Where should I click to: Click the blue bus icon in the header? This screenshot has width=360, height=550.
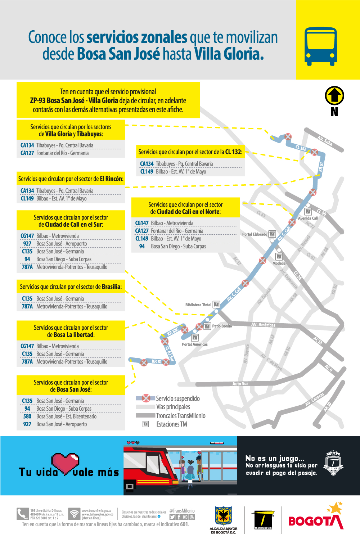pyautogui.click(x=321, y=46)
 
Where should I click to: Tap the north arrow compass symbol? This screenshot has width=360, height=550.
pyautogui.click(x=334, y=96)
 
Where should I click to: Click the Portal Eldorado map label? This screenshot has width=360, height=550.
pyautogui.click(x=255, y=234)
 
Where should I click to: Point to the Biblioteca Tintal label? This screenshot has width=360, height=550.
pyautogui.click(x=198, y=305)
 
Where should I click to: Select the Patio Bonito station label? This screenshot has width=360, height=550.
pyautogui.click(x=222, y=326)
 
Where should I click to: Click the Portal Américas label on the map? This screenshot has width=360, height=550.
pyautogui.click(x=195, y=344)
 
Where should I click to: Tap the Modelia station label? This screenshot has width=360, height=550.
pyautogui.click(x=279, y=263)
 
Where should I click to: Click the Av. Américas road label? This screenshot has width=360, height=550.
pyautogui.click(x=263, y=325)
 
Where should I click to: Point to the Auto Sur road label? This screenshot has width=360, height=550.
pyautogui.click(x=240, y=384)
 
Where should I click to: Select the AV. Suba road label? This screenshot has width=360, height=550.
pyautogui.click(x=325, y=141)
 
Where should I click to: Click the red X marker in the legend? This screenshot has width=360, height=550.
pyautogui.click(x=146, y=398)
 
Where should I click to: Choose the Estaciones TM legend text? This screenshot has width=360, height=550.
pyautogui.click(x=172, y=424)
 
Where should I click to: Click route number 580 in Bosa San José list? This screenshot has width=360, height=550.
pyautogui.click(x=27, y=416)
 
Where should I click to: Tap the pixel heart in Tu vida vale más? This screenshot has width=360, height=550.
pyautogui.click(x=65, y=463)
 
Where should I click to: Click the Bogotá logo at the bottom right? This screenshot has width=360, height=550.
pyautogui.click(x=316, y=518)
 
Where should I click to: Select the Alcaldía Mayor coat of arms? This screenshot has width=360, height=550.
pyautogui.click(x=223, y=516)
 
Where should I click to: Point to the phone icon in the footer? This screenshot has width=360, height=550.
pyautogui.click(x=22, y=514)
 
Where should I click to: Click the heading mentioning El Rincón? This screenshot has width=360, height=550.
pyautogui.click(x=71, y=179)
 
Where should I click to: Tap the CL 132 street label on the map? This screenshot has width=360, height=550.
pyautogui.click(x=301, y=148)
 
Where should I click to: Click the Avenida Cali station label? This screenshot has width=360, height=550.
pyautogui.click(x=308, y=218)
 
